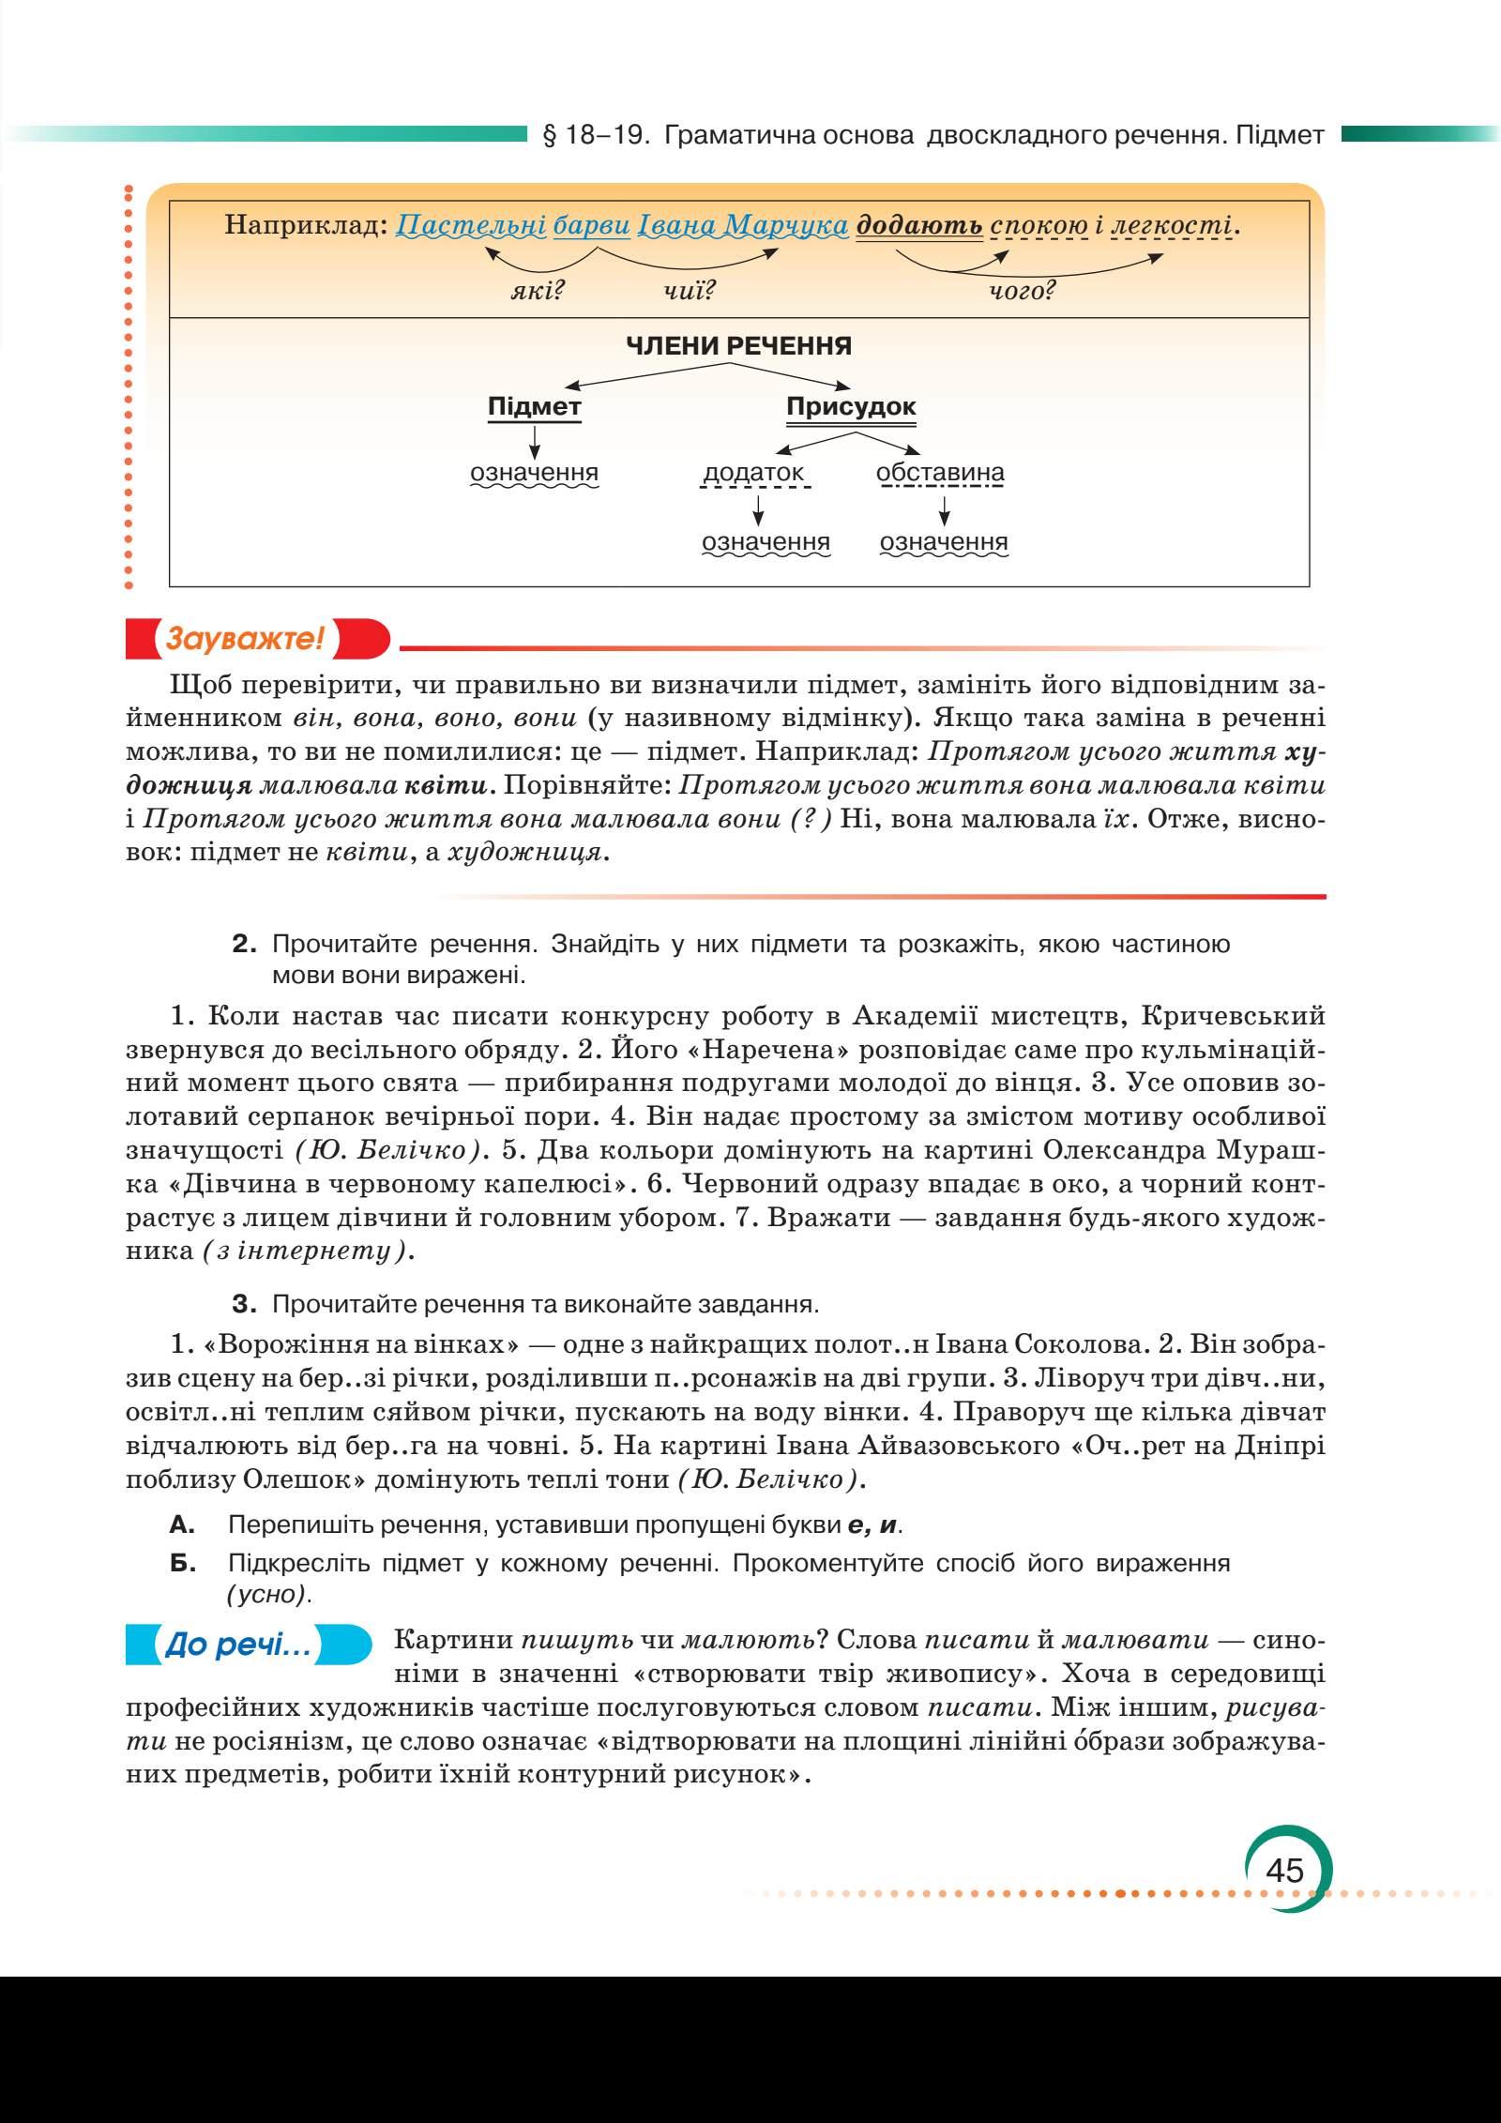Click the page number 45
[x=1284, y=1843]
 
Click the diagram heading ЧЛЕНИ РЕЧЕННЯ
[x=738, y=346]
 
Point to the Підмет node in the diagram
[x=534, y=407]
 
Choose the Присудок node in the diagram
[x=850, y=407]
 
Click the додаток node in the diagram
[x=753, y=472]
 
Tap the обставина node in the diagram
[x=940, y=472]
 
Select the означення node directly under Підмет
[x=534, y=472]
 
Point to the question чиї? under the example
[x=688, y=291]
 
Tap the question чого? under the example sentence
[x=1022, y=291]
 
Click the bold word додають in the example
[x=919, y=225]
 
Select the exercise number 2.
[x=245, y=944]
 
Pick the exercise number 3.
[x=245, y=1305]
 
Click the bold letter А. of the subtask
[x=182, y=1524]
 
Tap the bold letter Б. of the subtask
[x=182, y=1564]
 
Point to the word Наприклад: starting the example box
[x=306, y=225]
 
